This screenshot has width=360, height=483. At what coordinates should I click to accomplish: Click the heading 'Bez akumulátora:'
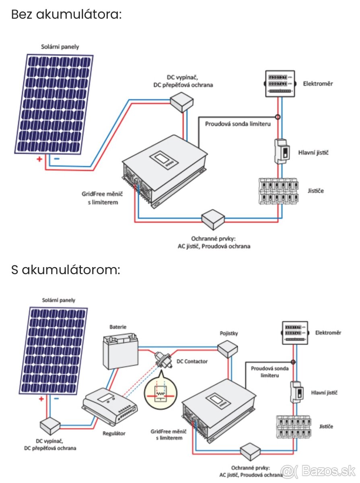coord(66,14)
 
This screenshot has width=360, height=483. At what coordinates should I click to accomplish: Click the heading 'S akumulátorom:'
coord(66,270)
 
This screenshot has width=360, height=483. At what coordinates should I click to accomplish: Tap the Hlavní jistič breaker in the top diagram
coord(282,151)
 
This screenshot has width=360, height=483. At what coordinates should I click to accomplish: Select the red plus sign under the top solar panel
coord(39,159)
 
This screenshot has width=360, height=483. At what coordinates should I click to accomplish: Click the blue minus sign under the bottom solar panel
coord(56,399)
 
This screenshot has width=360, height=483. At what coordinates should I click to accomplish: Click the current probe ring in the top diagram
coord(278,117)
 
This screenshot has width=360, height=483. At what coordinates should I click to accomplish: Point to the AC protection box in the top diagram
coord(214,218)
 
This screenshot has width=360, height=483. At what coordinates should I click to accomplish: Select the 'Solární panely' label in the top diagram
coord(60,47)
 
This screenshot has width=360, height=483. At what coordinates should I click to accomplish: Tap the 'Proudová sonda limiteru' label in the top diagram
coord(238,124)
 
